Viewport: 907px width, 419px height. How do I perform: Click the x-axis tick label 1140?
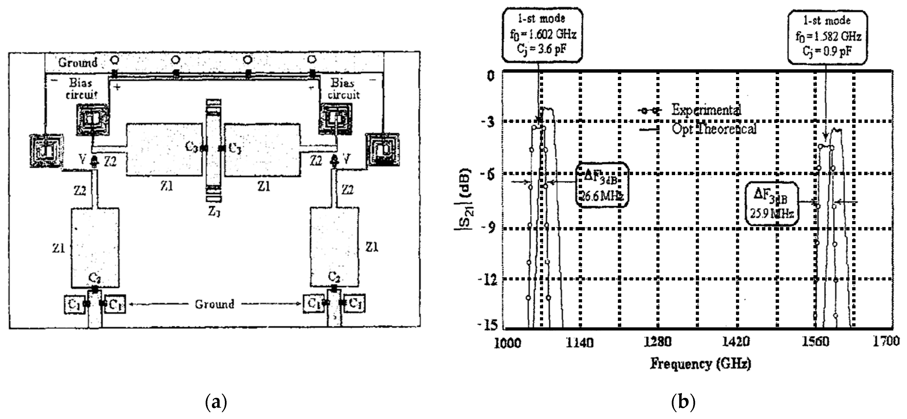coord(579,342)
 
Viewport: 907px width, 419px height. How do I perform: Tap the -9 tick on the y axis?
coord(488,229)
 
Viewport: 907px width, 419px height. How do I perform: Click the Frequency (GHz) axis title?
coord(700,363)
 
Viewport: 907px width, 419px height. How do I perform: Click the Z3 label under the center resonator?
coord(214,212)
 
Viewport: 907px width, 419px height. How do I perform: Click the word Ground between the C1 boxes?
coord(215,304)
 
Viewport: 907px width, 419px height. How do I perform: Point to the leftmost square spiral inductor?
coord(46,151)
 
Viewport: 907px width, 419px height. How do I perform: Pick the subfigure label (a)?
coord(216,402)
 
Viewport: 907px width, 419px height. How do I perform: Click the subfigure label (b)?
coord(683,402)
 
